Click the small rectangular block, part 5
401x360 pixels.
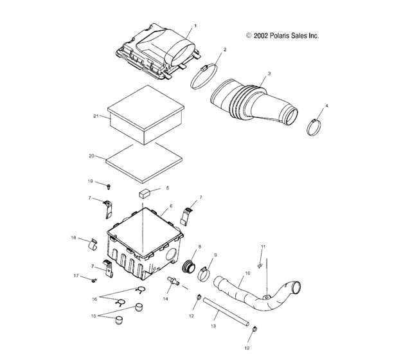click(145, 192)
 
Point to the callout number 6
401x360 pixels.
click(170, 208)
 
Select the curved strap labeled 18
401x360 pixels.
click(91, 243)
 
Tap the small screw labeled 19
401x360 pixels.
click(109, 186)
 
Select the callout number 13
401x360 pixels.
click(214, 327)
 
